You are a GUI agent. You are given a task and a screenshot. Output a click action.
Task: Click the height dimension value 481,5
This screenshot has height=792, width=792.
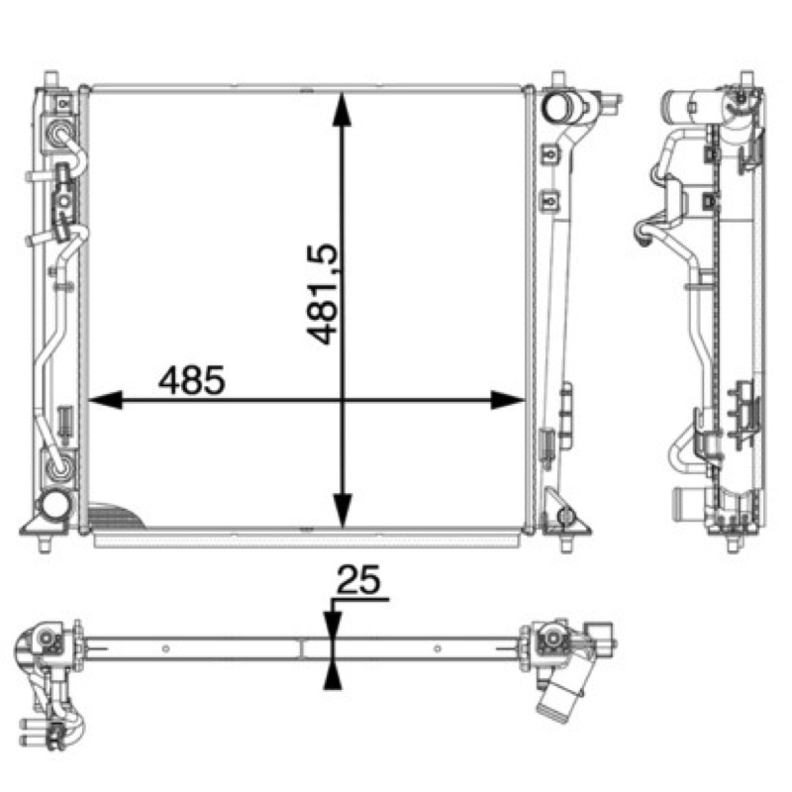(322, 294)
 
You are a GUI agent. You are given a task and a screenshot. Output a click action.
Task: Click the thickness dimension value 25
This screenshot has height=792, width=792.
(358, 580)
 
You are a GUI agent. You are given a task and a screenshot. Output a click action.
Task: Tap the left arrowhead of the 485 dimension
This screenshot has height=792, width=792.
(106, 400)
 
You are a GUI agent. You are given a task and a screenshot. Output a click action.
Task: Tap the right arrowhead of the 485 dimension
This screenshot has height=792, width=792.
(508, 400)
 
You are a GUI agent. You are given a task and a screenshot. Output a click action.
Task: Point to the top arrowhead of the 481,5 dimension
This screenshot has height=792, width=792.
(342, 109)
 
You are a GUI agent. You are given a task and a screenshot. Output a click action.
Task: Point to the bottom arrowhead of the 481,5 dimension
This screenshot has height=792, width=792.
(342, 512)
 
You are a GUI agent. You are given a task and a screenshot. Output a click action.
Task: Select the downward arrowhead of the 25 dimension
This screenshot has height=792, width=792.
(333, 626)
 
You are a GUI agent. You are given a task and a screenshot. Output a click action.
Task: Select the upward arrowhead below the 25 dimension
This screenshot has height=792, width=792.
(333, 676)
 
